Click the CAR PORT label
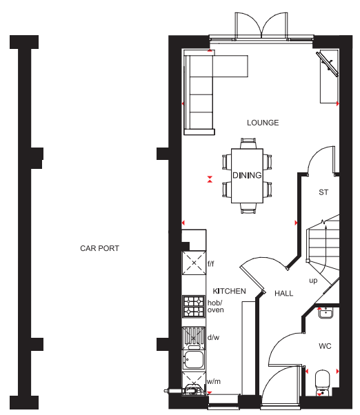pos(99,248)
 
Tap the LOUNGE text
pos(263,123)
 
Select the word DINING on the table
pos(247,175)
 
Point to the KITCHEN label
pos(229,291)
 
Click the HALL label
pos(283,293)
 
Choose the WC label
pos(325,346)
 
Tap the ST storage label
pos(323,192)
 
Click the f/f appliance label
pos(211,263)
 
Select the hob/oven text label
pos(215,306)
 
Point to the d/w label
pos(213,337)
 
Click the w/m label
pos(214,381)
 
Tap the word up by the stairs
pos(313,281)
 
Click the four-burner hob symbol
pos(194,307)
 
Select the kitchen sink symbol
pos(194,360)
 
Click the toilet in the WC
pos(323,383)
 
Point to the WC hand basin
pos(326,313)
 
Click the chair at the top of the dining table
pos(248,143)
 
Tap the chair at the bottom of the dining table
pos(248,208)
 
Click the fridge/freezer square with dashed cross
pos(194,263)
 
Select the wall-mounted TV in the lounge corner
pos(328,64)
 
